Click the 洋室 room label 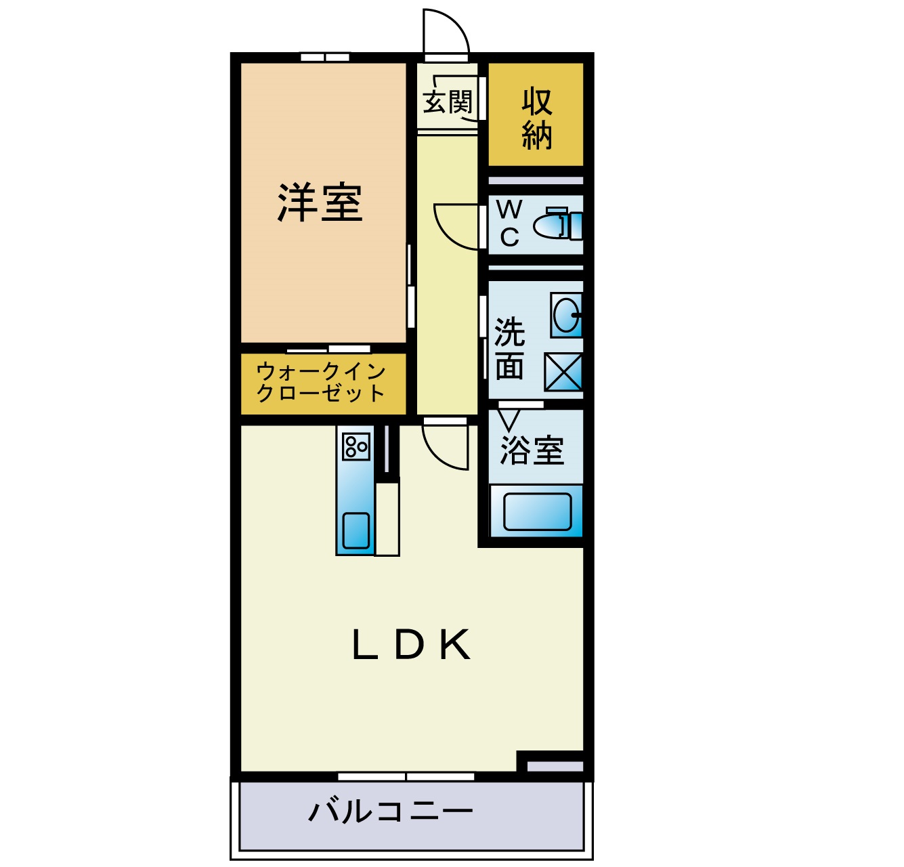pyautogui.click(x=320, y=203)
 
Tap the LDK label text pyautogui.click(x=411, y=645)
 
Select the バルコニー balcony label pyautogui.click(x=391, y=811)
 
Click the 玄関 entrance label pyautogui.click(x=447, y=103)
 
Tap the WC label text pyautogui.click(x=509, y=224)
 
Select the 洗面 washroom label pyautogui.click(x=510, y=349)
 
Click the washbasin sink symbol pyautogui.click(x=567, y=315)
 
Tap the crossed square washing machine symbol pyautogui.click(x=563, y=372)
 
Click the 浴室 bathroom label pyautogui.click(x=532, y=450)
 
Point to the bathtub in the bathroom pyautogui.click(x=538, y=511)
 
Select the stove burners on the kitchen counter pyautogui.click(x=356, y=446)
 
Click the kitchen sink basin pyautogui.click(x=356, y=530)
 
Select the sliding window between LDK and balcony pyautogui.click(x=406, y=776)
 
